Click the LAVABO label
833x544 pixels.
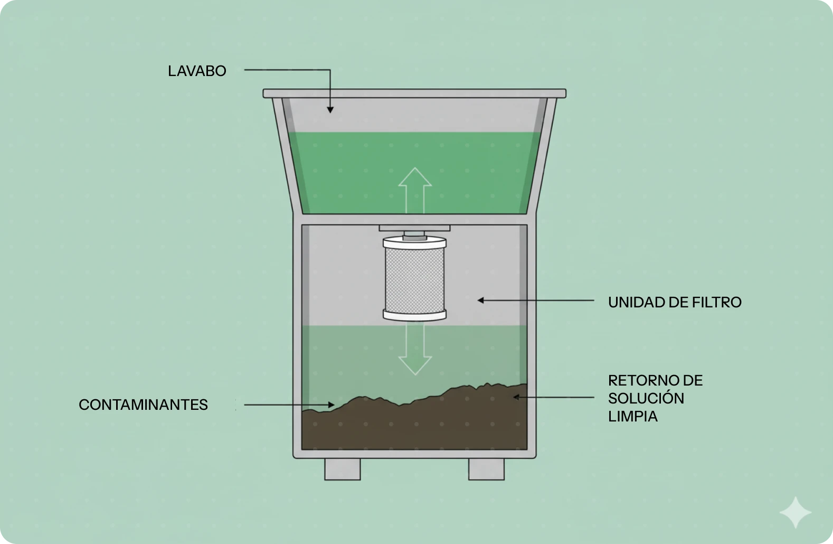197,71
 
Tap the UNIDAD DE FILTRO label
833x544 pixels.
675,302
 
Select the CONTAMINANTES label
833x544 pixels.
143,405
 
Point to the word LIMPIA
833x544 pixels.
633,416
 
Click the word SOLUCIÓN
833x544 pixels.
646,398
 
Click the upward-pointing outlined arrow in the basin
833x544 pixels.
415,190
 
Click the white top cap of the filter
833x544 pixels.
415,243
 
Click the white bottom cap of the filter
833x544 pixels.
415,315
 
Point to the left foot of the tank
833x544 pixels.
342,469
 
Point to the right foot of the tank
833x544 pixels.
486,469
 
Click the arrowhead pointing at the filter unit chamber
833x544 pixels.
481,301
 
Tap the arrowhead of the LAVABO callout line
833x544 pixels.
330,109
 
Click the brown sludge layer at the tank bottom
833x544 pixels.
415,425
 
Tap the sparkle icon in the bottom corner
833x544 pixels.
796,512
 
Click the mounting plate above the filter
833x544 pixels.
415,228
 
